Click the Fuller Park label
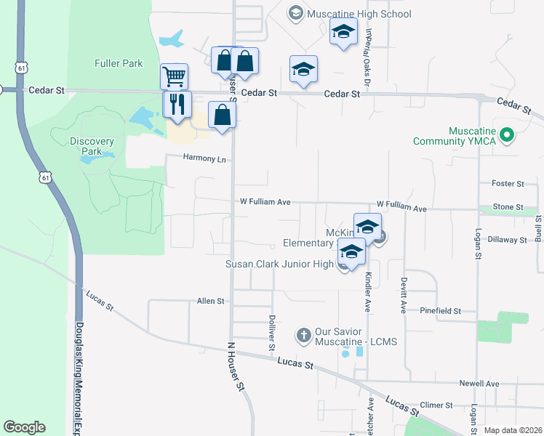pyautogui.click(x=119, y=63)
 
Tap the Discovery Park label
pyautogui.click(x=92, y=146)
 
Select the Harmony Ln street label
pyautogui.click(x=204, y=158)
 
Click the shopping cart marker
pyautogui.click(x=174, y=76)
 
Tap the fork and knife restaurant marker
pyautogui.click(x=175, y=105)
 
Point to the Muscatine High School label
pyautogui.click(x=359, y=14)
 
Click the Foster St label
pyautogui.click(x=508, y=184)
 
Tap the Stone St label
pyautogui.click(x=508, y=207)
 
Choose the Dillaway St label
pyautogui.click(x=507, y=239)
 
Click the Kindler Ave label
pyautogui.click(x=368, y=290)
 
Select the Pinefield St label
pyautogui.click(x=441, y=310)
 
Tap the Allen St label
pyautogui.click(x=211, y=300)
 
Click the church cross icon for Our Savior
pyautogui.click(x=303, y=336)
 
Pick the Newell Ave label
pyautogui.click(x=479, y=383)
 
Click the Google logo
pyautogui.click(x=24, y=427)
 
